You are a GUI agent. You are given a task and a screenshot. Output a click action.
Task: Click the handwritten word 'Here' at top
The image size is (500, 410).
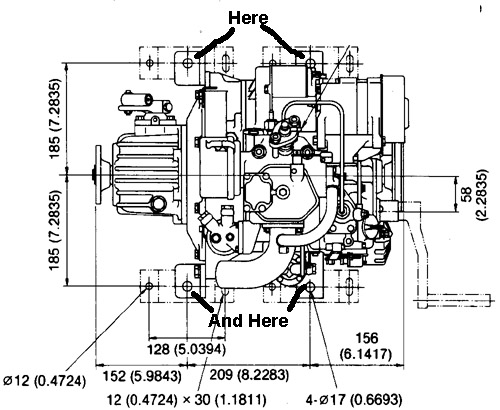247,18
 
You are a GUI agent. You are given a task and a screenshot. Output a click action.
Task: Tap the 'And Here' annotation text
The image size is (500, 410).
248,321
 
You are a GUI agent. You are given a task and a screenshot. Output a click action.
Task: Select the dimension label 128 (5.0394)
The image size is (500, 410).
186,350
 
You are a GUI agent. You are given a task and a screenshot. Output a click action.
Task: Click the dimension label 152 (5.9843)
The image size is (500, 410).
142,376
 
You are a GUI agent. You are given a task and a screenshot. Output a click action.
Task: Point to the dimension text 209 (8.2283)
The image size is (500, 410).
249,375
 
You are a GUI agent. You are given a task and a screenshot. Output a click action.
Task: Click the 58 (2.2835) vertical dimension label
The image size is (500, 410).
474,195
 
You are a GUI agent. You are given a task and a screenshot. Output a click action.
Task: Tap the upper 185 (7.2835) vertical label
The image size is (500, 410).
55,118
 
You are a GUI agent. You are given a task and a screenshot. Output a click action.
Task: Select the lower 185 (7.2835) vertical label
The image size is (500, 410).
55,230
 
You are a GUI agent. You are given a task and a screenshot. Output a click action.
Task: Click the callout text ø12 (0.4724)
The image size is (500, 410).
44,380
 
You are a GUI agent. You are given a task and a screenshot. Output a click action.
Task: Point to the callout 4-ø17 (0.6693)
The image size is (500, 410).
354,399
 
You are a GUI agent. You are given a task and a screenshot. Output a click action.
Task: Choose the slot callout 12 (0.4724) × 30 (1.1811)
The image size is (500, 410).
187,399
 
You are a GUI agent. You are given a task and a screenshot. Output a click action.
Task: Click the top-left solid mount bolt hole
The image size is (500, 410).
188,62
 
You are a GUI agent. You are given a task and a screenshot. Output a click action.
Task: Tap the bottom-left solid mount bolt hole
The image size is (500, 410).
188,286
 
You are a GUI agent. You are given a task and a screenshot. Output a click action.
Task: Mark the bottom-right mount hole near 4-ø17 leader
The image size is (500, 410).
311,286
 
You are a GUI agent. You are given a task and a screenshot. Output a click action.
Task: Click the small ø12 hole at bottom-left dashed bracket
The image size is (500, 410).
149,286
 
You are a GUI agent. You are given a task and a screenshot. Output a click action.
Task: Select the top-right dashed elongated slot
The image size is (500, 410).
349,62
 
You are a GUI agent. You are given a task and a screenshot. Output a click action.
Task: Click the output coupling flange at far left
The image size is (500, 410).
98,174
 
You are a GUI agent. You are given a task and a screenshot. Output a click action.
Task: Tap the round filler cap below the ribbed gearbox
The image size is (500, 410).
158,204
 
